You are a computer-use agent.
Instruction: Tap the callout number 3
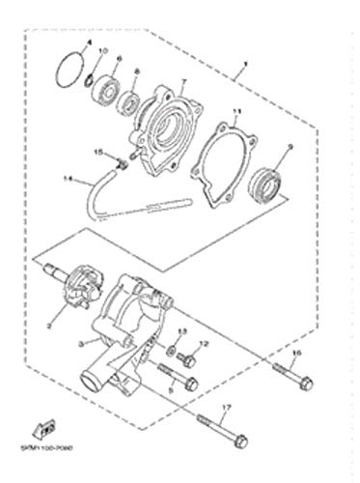(x=82, y=342)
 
